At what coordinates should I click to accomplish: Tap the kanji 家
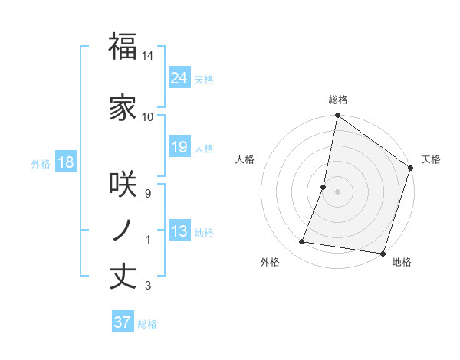coord(123,109)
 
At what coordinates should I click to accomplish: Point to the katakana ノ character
coord(123,230)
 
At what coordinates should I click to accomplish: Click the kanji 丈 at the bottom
coord(123,276)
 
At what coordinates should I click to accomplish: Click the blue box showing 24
coord(179,77)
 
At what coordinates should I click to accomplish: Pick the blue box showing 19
coord(179,147)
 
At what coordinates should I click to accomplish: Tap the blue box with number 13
coord(179,232)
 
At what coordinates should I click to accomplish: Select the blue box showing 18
coord(65,162)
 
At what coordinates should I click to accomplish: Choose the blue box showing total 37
coord(122,322)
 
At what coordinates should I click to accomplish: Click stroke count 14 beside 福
coord(148,56)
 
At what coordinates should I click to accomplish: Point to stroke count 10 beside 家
coord(148,116)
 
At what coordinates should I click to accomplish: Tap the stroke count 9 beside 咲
coord(148,193)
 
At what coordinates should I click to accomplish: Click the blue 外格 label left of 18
coord(41,163)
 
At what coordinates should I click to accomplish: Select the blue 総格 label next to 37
coord(147,324)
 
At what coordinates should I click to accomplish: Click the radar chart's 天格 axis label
coord(431,159)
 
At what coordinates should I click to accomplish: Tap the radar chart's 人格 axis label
coord(245,159)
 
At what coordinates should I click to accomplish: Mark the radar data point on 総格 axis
coord(337,116)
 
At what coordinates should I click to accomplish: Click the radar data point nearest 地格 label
coord(382,253)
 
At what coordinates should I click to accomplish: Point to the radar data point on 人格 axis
coord(324,187)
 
